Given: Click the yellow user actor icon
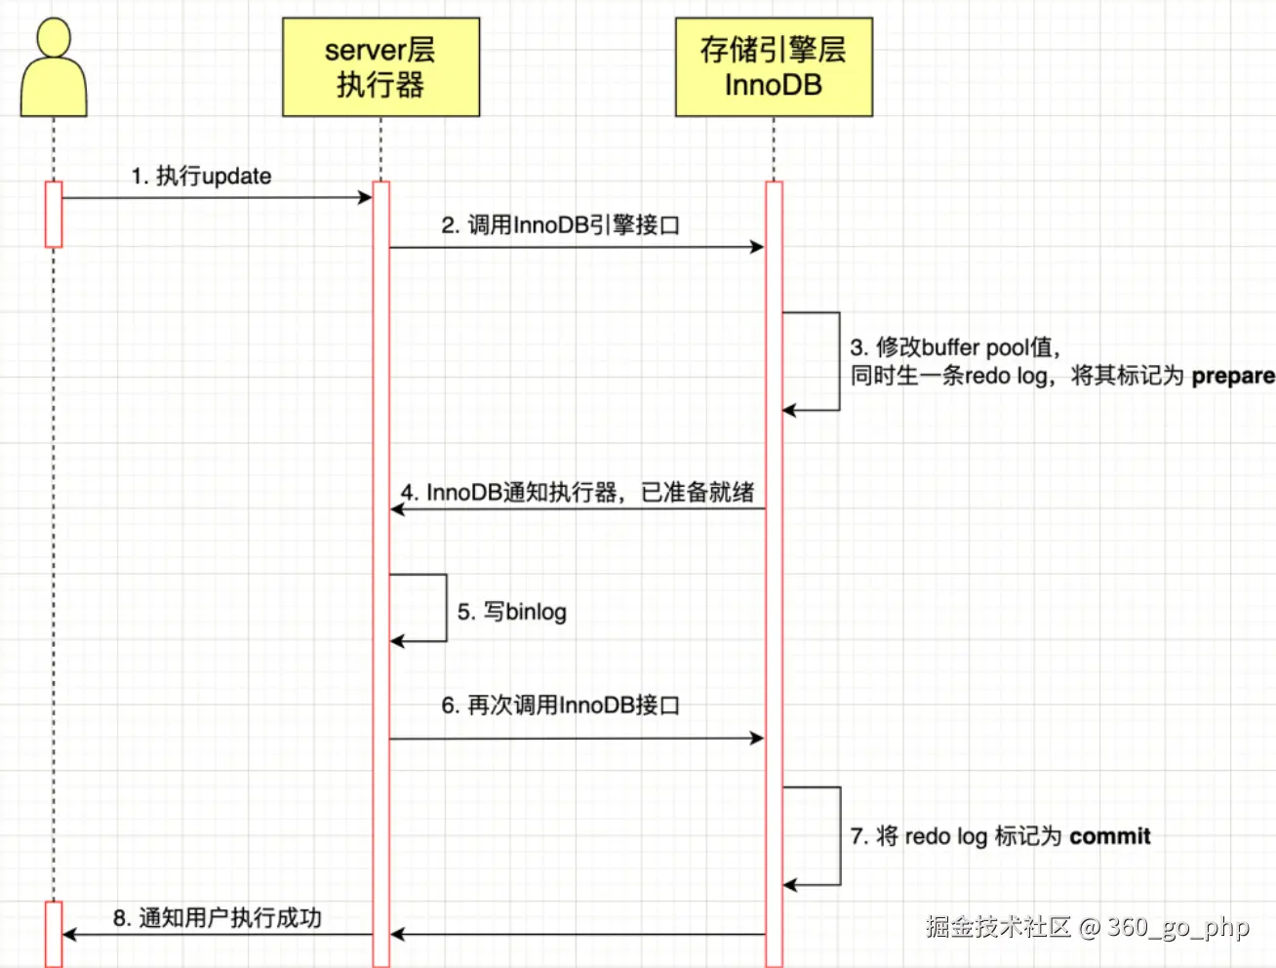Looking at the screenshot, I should (54, 68).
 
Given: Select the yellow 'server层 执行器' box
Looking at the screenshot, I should (380, 67).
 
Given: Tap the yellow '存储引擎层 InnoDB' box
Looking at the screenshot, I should (774, 67).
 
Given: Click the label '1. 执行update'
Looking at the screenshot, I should (202, 177).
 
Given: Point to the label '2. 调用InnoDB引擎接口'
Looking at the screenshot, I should (560, 225).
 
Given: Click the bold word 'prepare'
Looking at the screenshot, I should (1232, 376).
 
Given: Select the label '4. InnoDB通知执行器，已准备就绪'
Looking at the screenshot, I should (578, 492).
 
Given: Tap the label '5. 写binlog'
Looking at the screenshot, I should (512, 612).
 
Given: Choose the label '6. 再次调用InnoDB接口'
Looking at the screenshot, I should (560, 705).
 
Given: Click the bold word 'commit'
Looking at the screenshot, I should (1109, 836).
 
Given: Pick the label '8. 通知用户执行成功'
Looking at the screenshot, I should (218, 918).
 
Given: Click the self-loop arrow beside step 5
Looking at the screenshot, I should (445, 607).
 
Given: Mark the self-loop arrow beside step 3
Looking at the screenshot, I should (838, 361).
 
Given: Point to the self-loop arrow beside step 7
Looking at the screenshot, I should (839, 836).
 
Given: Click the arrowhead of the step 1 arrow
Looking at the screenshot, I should (366, 198).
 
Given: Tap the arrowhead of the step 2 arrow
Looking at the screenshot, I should (757, 248).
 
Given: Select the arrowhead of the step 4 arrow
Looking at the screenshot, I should (397, 509).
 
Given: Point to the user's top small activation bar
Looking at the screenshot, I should (54, 214).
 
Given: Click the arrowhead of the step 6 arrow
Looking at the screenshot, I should (757, 739).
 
